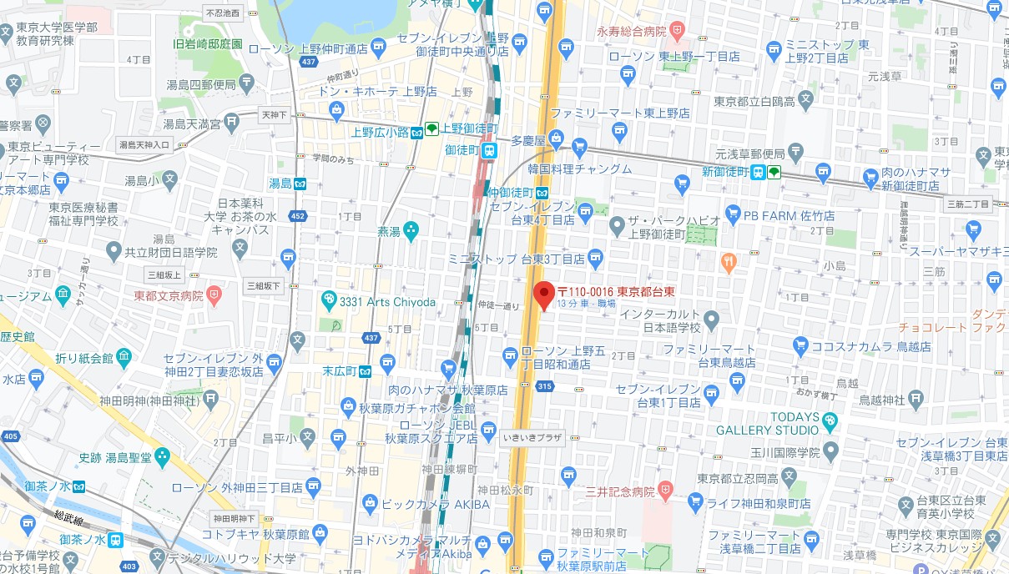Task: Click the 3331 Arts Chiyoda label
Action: [387, 302]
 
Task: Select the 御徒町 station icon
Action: [490, 150]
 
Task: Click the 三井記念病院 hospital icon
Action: [665, 489]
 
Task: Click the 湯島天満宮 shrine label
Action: [191, 124]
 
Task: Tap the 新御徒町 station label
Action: [723, 172]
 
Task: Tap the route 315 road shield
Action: [545, 385]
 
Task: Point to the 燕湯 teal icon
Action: [411, 229]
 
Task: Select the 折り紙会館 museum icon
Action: [124, 358]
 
